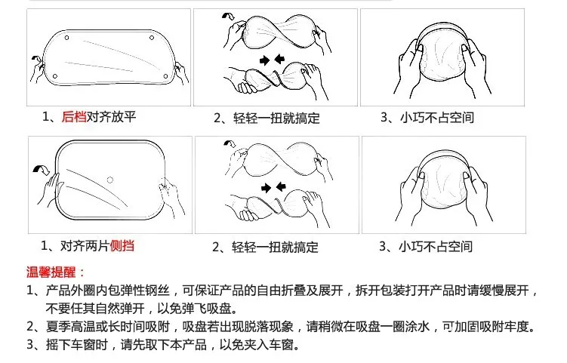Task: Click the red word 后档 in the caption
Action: click(74, 117)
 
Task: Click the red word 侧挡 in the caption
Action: click(122, 246)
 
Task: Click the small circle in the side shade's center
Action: click(110, 180)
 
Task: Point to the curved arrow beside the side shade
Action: click(41, 169)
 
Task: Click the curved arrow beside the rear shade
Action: click(36, 59)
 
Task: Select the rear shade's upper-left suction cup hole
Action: click(66, 38)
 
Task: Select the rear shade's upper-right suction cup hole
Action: click(152, 38)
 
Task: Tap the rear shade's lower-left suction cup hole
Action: click(55, 76)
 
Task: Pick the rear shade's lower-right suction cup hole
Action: click(165, 76)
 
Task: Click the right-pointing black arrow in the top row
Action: click(265, 60)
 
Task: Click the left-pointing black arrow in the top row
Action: click(279, 59)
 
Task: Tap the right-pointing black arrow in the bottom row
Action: click(267, 188)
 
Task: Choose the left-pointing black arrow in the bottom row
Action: click(281, 186)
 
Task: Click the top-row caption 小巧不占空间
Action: click(437, 118)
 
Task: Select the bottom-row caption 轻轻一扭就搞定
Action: click(275, 248)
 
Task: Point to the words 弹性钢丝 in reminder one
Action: click(146, 291)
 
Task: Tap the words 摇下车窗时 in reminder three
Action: click(77, 345)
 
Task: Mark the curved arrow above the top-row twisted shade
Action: click(228, 16)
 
